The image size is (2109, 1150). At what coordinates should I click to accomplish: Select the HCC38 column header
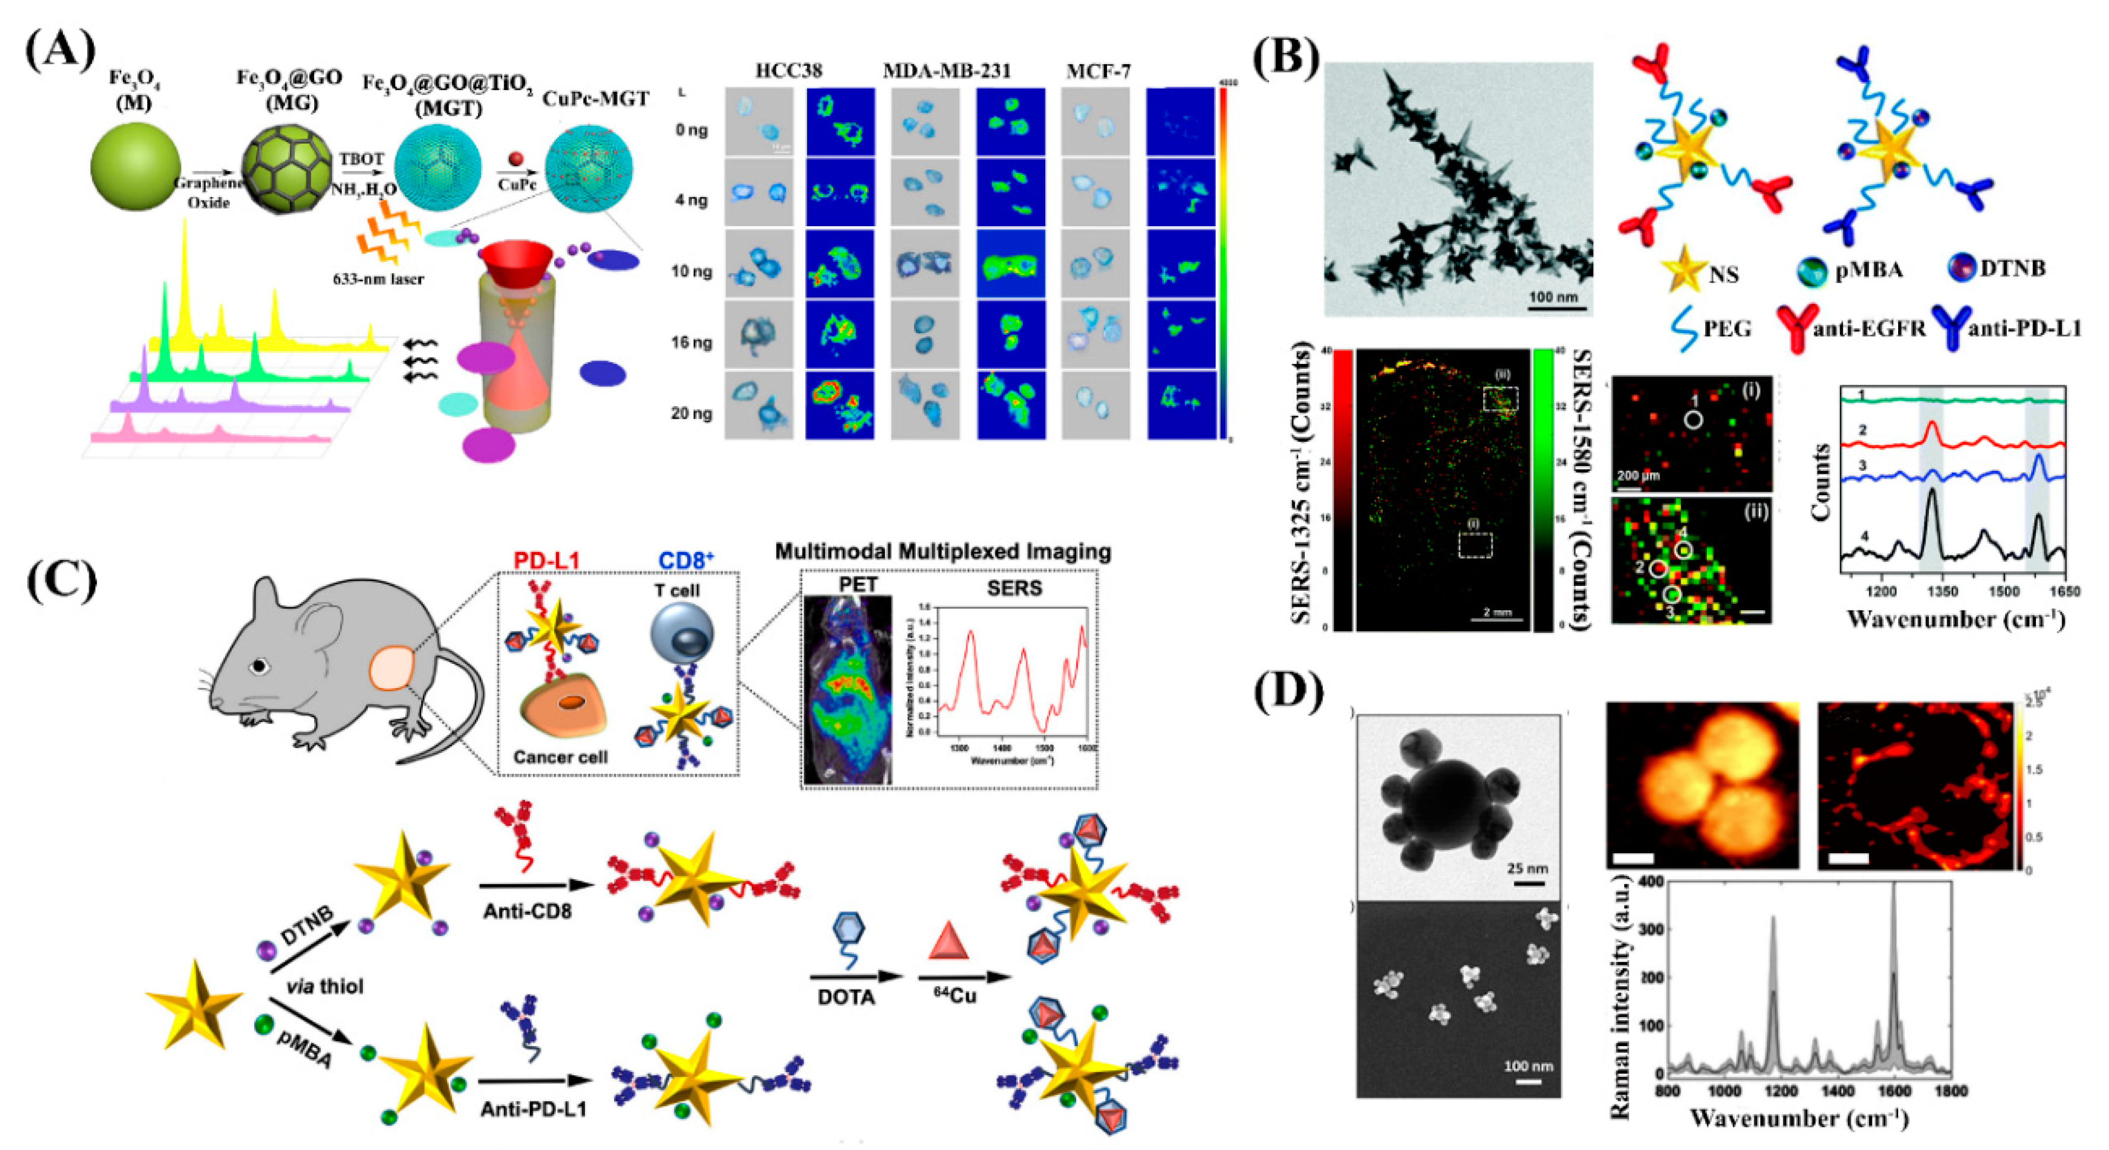(x=788, y=71)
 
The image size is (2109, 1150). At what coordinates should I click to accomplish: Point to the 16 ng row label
(x=690, y=342)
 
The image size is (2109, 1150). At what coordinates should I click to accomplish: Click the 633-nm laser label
(x=378, y=279)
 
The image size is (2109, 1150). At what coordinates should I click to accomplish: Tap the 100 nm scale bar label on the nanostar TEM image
(x=1553, y=296)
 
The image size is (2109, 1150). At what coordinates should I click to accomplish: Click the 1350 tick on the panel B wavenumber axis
(x=1942, y=591)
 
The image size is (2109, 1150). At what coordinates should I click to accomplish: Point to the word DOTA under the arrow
(x=846, y=997)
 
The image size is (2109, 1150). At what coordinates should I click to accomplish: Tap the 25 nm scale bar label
(x=1528, y=867)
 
